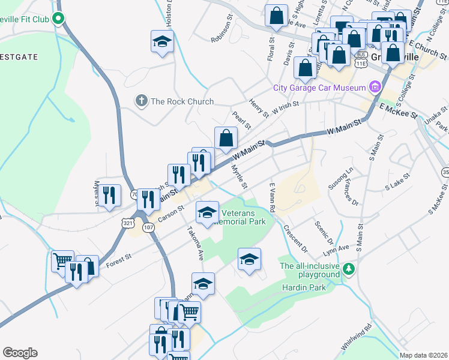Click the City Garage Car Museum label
coord(319,88)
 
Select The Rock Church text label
coord(182,101)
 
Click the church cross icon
coord(142,101)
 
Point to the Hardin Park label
coord(304,287)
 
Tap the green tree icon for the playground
coord(349,270)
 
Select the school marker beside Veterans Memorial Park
coord(207,212)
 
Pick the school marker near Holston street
coord(161,41)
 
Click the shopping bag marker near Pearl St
coord(225,138)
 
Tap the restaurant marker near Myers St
coord(109,195)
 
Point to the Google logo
coord(20,353)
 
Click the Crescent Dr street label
coord(296,238)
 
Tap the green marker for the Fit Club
coord(58,19)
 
